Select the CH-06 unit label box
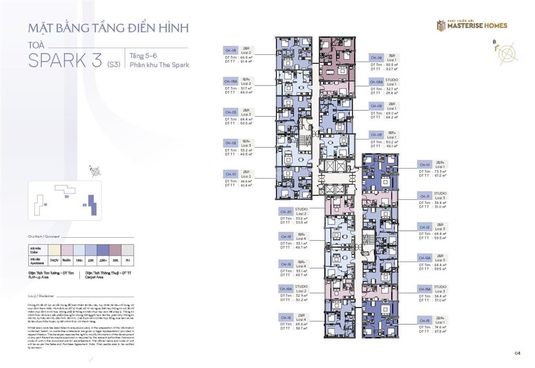[376, 58]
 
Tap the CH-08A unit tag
[376, 82]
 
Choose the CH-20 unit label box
[285, 212]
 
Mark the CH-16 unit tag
[285, 317]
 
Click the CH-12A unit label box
[424, 258]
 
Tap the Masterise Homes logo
[472, 25]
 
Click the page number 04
[517, 353]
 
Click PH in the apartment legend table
[126, 259]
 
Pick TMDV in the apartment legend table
[53, 259]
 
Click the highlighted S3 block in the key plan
[90, 205]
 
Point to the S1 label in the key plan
[45, 205]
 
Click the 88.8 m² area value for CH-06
[392, 64]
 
